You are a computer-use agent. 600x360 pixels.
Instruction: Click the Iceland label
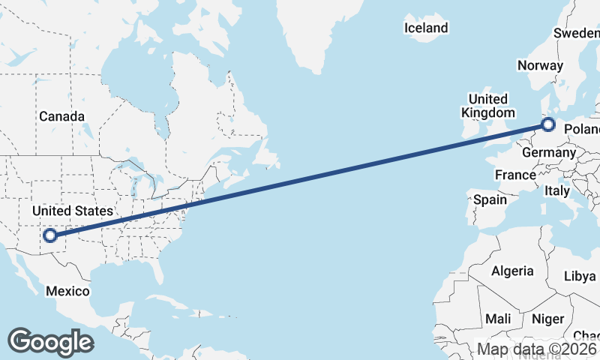pos(426,28)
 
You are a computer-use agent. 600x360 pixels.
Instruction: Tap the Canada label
pos(61,116)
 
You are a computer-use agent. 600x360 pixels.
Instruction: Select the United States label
pos(72,211)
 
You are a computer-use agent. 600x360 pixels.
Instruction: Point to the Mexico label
pos(67,291)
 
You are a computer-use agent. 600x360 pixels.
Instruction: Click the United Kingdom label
pos(487,106)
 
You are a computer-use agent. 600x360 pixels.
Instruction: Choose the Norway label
pos(540,65)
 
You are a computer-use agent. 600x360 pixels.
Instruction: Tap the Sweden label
pos(577,33)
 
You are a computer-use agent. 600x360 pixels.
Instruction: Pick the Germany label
pos(547,152)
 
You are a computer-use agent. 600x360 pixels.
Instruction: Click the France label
pos(515,175)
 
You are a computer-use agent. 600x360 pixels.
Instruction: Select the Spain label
pos(490,199)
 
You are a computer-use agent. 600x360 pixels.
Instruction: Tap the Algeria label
pos(512,271)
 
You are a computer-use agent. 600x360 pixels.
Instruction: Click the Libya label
pos(580,276)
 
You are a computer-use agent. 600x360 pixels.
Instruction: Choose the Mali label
pos(498,319)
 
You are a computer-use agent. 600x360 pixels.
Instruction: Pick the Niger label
pos(547,319)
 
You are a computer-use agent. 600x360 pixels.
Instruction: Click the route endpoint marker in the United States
pos(50,235)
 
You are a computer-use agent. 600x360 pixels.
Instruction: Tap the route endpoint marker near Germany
pos(548,124)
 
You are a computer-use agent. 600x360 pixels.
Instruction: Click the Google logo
pos(50,342)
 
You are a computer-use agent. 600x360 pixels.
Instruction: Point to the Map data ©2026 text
pos(538,349)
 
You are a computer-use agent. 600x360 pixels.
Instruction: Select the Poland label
pos(583,130)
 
